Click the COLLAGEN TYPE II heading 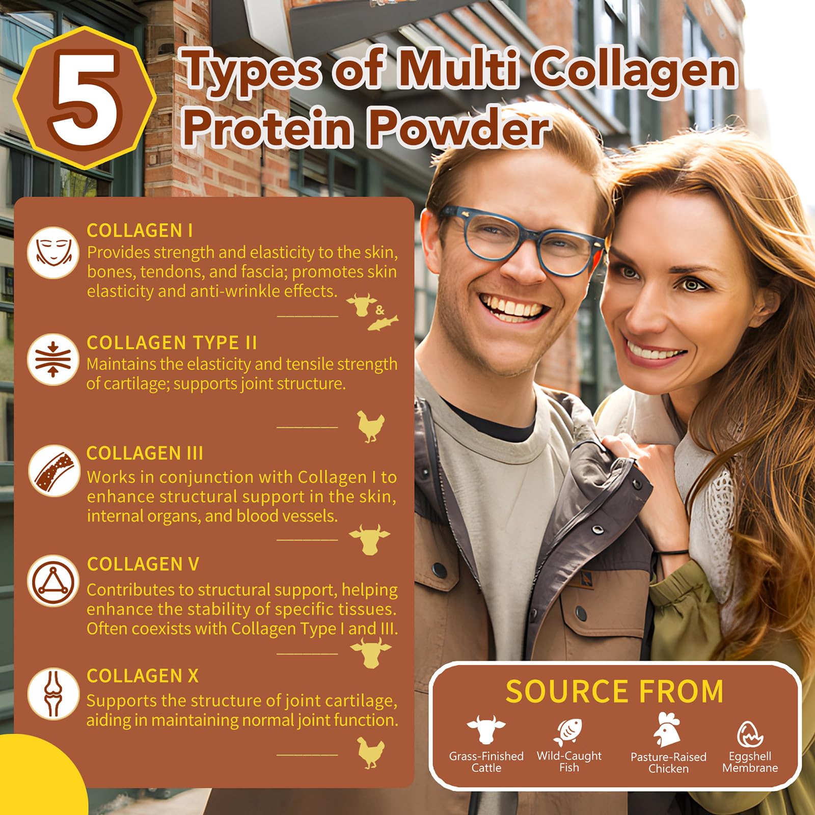click(x=172, y=343)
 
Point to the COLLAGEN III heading click(x=145, y=453)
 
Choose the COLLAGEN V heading click(x=143, y=564)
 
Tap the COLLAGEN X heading click(x=143, y=676)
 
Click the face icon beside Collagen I click(x=53, y=253)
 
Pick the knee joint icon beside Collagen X click(x=53, y=693)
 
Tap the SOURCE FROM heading click(x=614, y=691)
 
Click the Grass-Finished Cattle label click(x=486, y=762)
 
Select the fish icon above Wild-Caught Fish click(x=568, y=731)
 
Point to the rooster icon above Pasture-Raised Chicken click(x=667, y=729)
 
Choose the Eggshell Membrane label click(x=750, y=762)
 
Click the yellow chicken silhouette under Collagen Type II click(x=370, y=426)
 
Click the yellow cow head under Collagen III click(x=369, y=538)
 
